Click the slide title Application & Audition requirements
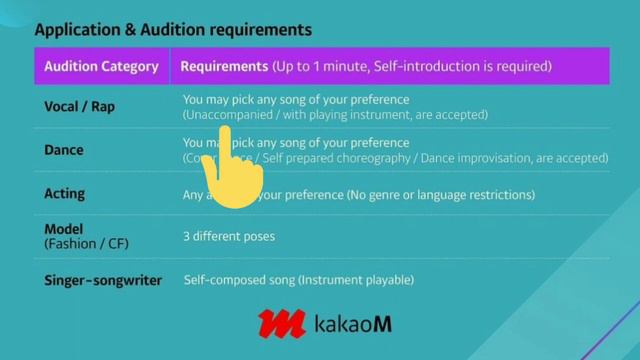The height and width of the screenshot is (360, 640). (173, 30)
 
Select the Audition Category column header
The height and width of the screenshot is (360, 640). (101, 67)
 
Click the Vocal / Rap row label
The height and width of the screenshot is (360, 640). (79, 106)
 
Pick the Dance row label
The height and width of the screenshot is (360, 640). (64, 150)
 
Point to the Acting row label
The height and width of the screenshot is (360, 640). (65, 193)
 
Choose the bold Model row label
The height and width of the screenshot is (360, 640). (64, 229)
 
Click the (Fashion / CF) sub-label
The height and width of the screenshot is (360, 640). (87, 243)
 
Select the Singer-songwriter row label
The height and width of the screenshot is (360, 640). (103, 281)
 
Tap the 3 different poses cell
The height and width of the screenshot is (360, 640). (229, 237)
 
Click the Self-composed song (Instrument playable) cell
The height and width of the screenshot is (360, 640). (298, 281)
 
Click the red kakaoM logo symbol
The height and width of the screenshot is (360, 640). (281, 324)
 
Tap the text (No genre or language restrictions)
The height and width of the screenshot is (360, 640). (440, 194)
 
